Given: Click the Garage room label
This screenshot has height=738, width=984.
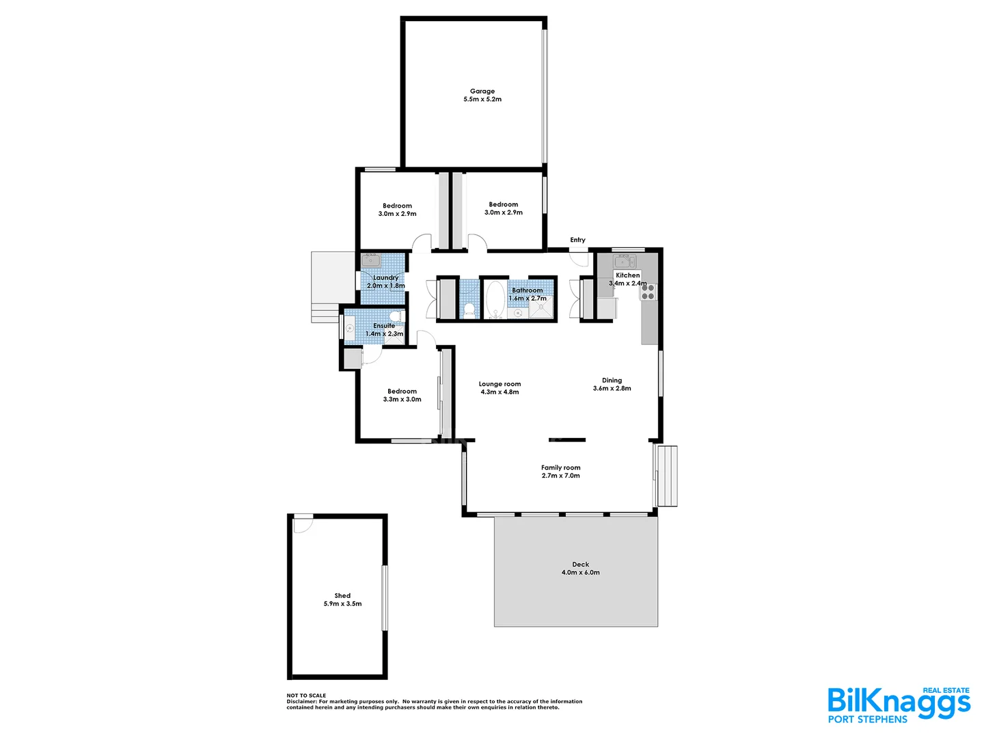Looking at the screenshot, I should [482, 91].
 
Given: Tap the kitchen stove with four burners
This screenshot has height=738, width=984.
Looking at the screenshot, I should [647, 292].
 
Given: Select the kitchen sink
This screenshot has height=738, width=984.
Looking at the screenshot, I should [623, 261].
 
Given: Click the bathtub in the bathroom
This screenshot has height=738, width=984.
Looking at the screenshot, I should [495, 299].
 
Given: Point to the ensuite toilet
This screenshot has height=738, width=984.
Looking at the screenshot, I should [394, 316].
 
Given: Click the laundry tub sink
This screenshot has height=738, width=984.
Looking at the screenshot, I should [371, 260].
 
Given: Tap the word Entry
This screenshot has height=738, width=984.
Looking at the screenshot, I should [577, 240].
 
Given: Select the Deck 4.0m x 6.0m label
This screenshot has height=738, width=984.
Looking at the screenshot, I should [580, 569].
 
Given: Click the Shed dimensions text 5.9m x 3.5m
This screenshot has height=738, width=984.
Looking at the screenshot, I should [342, 604].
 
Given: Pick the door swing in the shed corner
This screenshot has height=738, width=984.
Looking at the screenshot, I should [301, 523].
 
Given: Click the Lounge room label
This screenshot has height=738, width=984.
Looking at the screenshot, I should [500, 384].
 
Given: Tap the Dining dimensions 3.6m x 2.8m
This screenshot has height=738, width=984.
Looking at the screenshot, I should [612, 389].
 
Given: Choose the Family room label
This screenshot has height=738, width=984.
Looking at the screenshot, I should [560, 468].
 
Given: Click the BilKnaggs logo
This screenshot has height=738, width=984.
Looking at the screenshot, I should [898, 704].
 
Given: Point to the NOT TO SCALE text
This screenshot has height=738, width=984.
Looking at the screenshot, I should [306, 696].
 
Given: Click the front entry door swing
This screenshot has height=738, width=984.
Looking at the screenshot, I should [579, 260].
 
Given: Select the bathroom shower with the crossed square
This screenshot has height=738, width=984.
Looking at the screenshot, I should [543, 310].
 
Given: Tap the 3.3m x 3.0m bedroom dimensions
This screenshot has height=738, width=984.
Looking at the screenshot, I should [402, 400].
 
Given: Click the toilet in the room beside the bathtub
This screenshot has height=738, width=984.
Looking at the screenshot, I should [469, 310].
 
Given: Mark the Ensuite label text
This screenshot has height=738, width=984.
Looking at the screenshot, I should [384, 326].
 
